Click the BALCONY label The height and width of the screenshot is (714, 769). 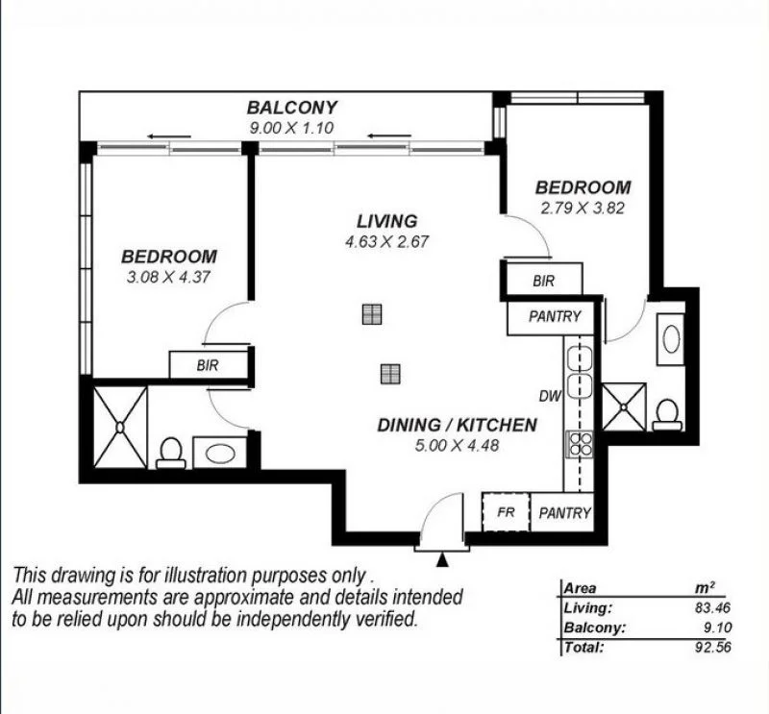(x=291, y=108)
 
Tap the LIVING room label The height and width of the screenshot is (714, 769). (x=386, y=221)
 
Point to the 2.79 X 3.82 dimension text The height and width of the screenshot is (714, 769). (x=583, y=208)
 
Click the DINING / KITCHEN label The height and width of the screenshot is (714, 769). (x=456, y=424)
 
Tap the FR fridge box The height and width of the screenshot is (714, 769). (x=506, y=513)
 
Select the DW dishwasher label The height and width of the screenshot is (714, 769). (x=549, y=394)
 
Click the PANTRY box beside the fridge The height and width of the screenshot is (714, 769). (x=564, y=513)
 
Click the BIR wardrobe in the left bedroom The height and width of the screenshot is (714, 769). (x=208, y=365)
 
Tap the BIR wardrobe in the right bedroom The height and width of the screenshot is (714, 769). (x=543, y=281)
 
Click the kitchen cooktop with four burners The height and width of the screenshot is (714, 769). (x=580, y=443)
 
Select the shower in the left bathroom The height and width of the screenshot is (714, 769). (x=120, y=427)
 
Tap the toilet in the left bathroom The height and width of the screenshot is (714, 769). (x=171, y=452)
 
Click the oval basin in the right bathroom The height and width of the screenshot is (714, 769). (x=671, y=339)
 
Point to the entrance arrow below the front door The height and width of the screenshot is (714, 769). (x=442, y=559)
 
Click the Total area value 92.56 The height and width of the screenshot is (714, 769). (x=704, y=647)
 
